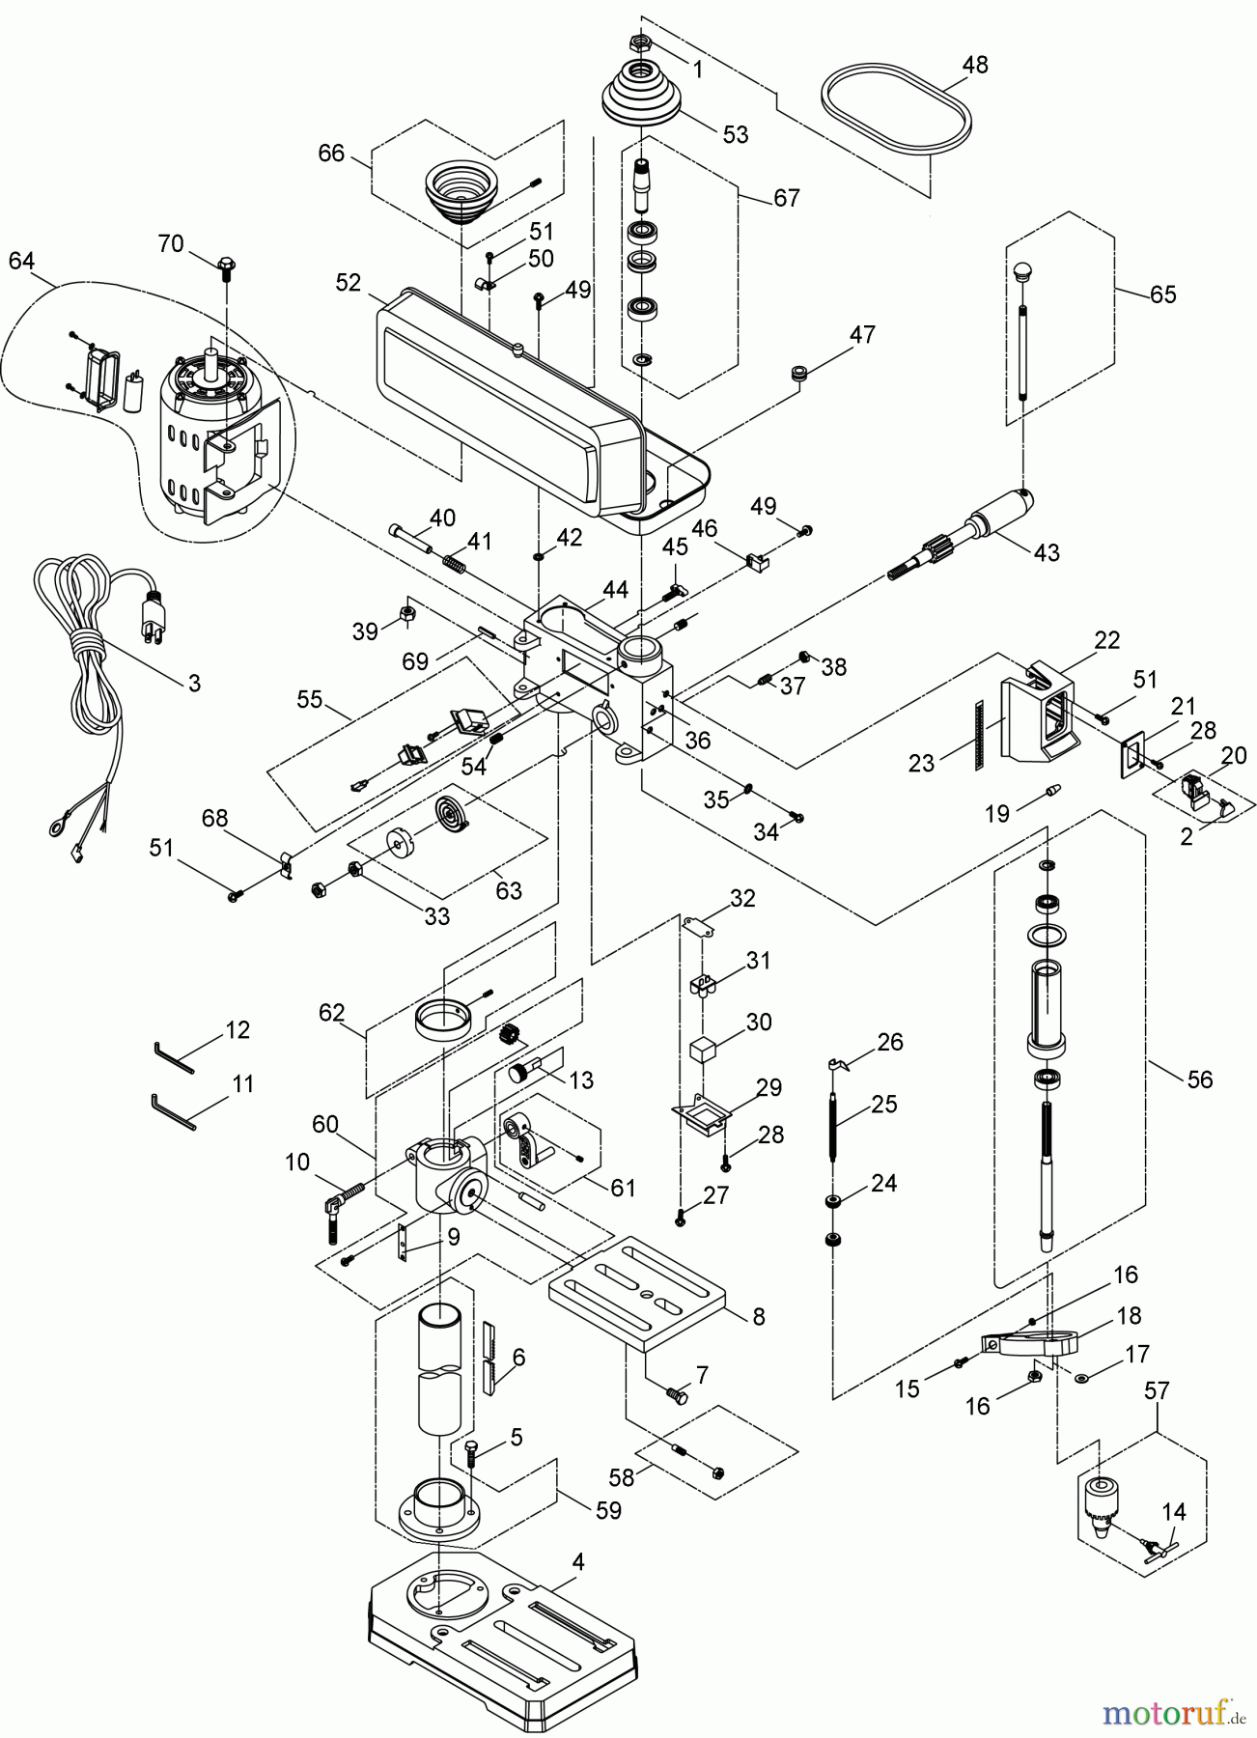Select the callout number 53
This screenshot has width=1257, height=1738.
click(x=736, y=135)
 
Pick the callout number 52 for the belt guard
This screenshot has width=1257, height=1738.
click(x=348, y=283)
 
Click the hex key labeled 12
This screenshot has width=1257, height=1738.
click(x=175, y=1057)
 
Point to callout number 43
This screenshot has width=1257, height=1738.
click(x=1046, y=552)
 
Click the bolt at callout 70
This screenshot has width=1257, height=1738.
click(x=227, y=266)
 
